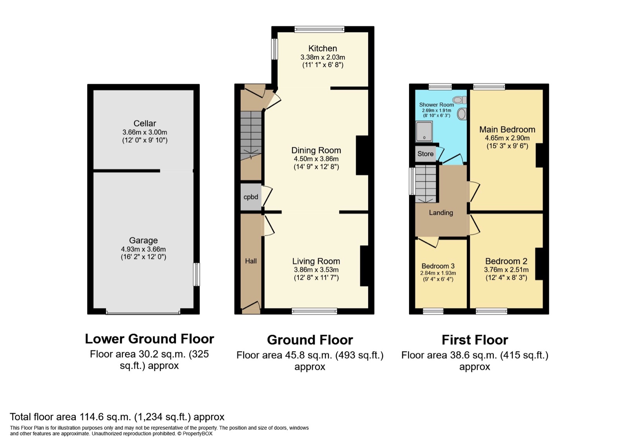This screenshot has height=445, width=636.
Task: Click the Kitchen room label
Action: click(322, 48)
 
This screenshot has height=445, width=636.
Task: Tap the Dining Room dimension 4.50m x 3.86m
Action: click(316, 159)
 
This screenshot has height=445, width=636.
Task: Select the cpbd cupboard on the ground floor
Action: click(251, 197)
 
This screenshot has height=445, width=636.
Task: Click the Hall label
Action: click(251, 261)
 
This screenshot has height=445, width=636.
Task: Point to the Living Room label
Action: click(316, 261)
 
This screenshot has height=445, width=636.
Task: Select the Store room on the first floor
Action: click(425, 154)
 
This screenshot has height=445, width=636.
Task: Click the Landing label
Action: click(441, 213)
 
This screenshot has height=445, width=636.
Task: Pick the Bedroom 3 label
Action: click(438, 266)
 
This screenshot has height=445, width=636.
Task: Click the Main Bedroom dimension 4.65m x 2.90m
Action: click(507, 138)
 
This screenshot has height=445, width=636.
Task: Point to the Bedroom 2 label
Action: click(506, 261)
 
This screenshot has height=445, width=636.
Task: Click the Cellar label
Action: click(144, 123)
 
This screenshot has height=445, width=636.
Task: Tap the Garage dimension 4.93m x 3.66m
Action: click(143, 249)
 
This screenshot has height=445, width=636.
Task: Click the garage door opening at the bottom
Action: click(143, 313)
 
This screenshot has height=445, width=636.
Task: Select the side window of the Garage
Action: click(197, 274)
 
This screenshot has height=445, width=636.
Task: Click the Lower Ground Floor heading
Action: click(149, 339)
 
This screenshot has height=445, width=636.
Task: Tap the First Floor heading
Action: click(475, 339)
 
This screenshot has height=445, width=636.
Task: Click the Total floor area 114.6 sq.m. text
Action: click(117, 417)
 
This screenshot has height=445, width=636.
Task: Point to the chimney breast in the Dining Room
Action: click(362, 155)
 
